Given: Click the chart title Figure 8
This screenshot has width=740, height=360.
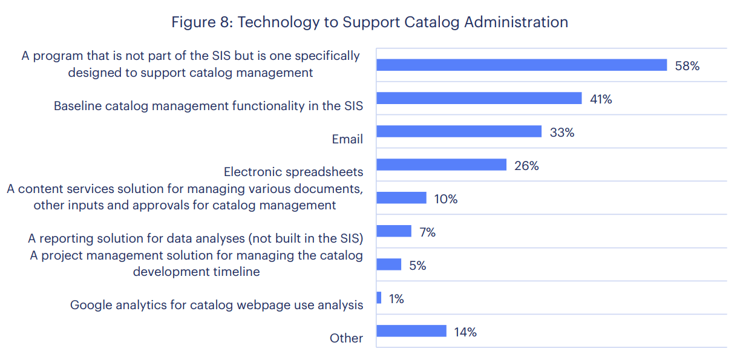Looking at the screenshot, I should (370, 22).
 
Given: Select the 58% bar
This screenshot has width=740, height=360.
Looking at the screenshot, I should (521, 65).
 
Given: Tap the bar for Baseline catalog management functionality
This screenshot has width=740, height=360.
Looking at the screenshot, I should (479, 99).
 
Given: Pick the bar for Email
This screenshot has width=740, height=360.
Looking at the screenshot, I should (459, 132).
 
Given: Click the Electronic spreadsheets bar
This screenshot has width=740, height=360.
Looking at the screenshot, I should (441, 165).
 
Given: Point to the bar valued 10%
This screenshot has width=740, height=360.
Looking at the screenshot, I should (401, 198).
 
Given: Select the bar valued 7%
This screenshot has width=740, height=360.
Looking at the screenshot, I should (394, 231).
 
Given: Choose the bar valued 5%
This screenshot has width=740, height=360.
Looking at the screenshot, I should (388, 264).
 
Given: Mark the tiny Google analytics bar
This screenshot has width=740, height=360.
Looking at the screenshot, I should (379, 298).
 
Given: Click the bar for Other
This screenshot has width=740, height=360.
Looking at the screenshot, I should (411, 331).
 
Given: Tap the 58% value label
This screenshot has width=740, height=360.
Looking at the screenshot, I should (687, 66).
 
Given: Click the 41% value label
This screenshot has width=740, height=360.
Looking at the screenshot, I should (601, 99).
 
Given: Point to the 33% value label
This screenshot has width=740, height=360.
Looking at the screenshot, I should (562, 133).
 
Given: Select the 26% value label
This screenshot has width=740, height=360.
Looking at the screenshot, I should (526, 166).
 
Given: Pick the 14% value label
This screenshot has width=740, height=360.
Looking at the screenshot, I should (465, 332).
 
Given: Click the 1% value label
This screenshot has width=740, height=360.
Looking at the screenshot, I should (396, 298).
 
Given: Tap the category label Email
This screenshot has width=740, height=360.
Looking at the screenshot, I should (347, 139).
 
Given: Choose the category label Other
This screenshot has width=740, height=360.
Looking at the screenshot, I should (346, 338).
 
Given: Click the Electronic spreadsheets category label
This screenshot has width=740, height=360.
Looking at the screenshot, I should (293, 172).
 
